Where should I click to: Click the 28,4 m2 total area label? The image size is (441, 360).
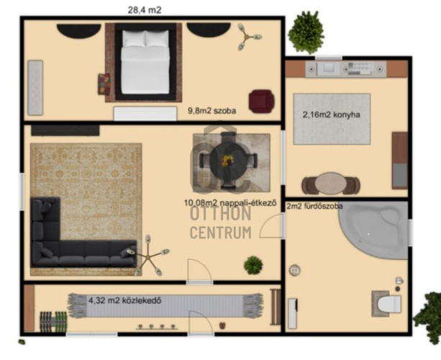point(145,10)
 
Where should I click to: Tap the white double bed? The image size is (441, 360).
point(145,62)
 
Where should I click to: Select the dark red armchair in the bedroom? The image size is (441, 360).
point(262,102)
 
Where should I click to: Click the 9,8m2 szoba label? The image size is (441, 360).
point(212,111)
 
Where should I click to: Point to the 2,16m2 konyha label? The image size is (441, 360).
point(332,114)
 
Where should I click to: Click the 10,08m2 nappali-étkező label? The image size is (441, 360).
point(230,202)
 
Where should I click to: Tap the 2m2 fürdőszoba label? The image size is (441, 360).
point(314,206)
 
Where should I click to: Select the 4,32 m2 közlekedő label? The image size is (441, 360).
point(125,300)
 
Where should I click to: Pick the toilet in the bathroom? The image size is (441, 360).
point(387,304)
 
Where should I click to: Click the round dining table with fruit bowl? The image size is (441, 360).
point(228,161)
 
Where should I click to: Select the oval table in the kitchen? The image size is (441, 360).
point(330,183)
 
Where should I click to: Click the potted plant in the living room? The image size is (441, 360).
point(253,265)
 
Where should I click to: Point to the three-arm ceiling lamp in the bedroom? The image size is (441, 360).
point(247,37)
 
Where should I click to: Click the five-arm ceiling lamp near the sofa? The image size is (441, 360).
point(148,256)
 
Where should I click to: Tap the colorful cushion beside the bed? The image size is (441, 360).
point(104,84)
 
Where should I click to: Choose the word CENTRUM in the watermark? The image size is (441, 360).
point(221,233)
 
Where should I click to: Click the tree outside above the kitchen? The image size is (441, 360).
point(306,32)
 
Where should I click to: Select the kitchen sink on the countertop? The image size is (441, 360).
point(329,68)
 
